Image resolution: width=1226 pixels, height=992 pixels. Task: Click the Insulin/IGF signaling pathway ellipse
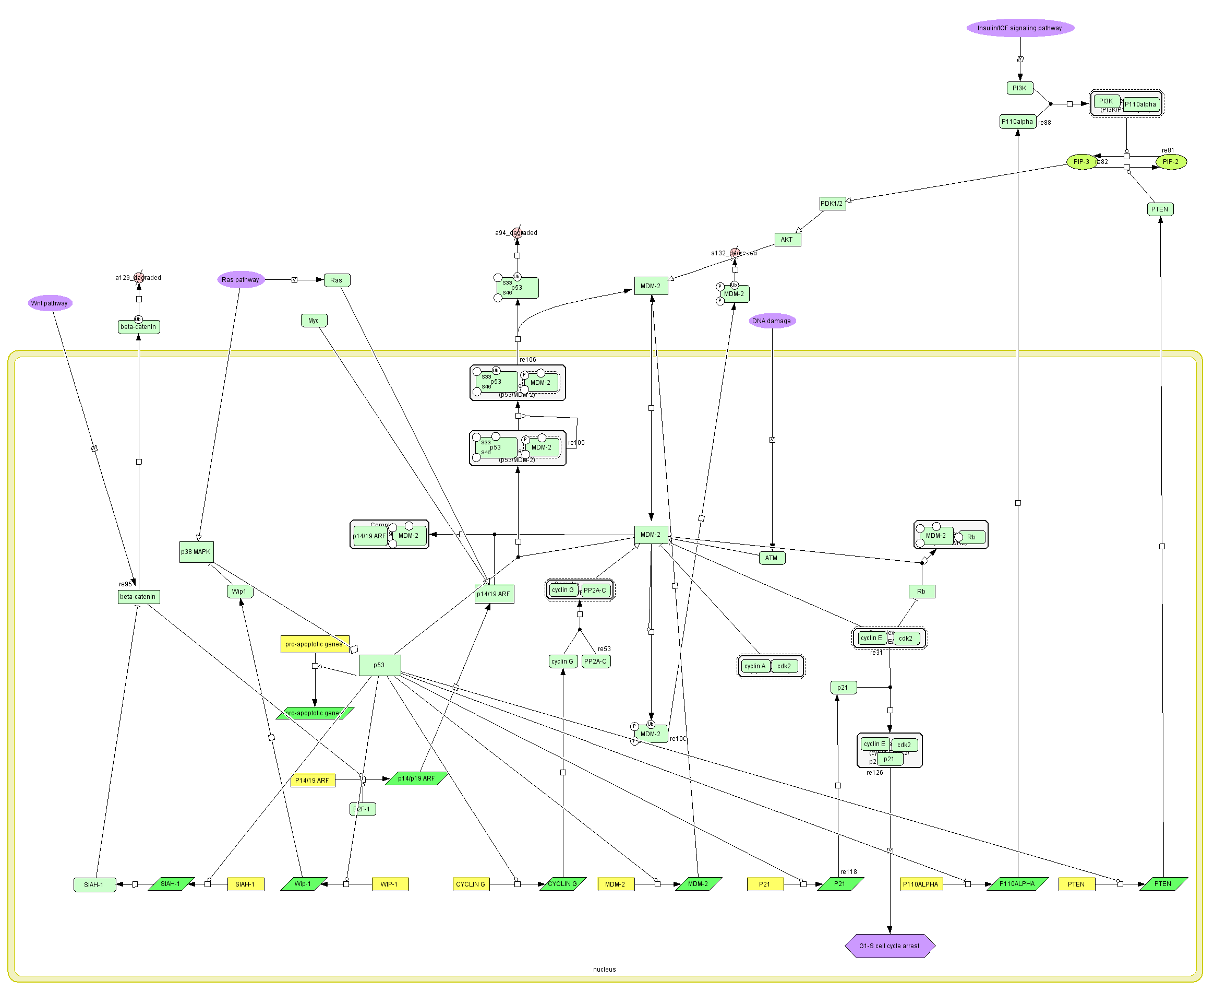point(1019,28)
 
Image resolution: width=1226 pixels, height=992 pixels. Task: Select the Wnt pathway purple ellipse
point(50,303)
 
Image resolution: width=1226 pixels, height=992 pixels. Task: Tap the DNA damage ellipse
point(772,321)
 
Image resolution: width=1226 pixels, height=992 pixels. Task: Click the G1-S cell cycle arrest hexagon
point(889,946)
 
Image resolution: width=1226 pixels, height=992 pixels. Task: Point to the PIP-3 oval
point(1080,162)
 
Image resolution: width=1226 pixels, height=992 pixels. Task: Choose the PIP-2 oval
point(1170,162)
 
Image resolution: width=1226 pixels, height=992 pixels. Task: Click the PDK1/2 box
point(832,204)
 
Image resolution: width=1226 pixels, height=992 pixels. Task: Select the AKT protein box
point(787,240)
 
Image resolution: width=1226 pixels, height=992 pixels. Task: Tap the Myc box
point(314,321)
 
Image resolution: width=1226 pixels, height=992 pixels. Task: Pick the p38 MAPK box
point(196,551)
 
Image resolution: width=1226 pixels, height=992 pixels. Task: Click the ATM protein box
point(772,558)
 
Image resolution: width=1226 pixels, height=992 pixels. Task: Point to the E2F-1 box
point(363,809)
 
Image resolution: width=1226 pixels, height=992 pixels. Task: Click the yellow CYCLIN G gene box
point(471,884)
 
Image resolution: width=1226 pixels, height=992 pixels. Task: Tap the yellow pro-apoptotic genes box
point(314,644)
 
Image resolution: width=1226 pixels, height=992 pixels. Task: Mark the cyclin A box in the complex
point(754,666)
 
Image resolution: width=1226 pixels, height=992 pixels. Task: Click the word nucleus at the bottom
point(604,969)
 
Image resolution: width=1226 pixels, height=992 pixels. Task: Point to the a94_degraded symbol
point(517,232)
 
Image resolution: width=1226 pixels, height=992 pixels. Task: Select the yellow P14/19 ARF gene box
point(312,780)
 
